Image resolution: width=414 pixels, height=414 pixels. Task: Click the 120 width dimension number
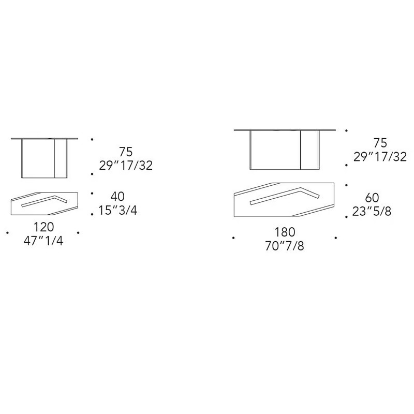[44, 227]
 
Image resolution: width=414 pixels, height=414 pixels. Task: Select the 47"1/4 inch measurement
[43, 241]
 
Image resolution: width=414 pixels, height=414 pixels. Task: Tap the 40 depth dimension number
[118, 197]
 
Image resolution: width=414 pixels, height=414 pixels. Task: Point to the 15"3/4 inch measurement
[118, 211]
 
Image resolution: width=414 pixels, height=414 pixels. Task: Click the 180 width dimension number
[285, 232]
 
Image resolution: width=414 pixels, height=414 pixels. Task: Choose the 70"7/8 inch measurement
[285, 246]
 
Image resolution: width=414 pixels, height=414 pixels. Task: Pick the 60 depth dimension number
[372, 198]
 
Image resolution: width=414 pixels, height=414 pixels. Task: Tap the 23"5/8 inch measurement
[372, 211]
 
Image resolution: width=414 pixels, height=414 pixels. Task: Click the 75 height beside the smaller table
[126, 152]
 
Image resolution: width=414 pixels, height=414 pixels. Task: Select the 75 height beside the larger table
[380, 143]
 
